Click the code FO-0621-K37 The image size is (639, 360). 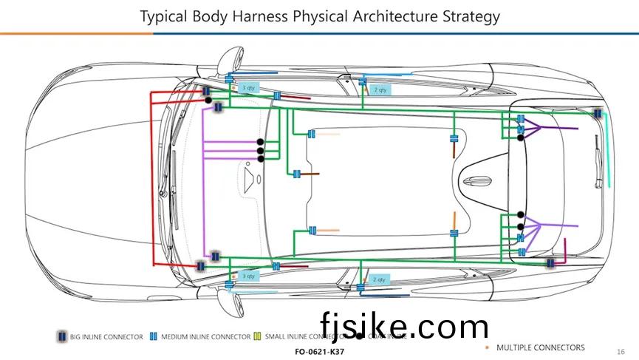click(x=319, y=352)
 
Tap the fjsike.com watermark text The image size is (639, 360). click(x=405, y=326)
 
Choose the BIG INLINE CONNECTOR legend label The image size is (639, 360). click(x=106, y=337)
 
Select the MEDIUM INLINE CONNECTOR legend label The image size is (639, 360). click(x=205, y=337)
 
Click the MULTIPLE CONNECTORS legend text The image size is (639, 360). click(x=540, y=347)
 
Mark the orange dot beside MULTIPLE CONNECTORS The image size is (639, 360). click(x=487, y=347)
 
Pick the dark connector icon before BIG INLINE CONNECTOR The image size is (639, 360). click(x=61, y=337)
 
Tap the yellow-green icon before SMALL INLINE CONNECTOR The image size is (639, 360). click(x=257, y=337)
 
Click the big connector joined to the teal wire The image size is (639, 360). click(x=598, y=113)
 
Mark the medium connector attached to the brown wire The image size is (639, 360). click(x=296, y=174)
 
